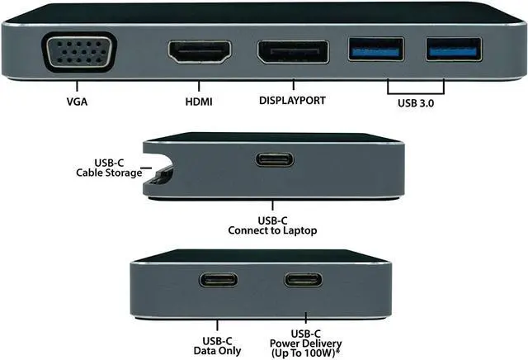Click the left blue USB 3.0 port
pyautogui.click(x=376, y=50)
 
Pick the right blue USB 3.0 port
pyautogui.click(x=451, y=50)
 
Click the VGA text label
pyautogui.click(x=77, y=103)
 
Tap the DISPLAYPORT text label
pyautogui.click(x=292, y=101)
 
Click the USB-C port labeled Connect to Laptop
pyautogui.click(x=275, y=159)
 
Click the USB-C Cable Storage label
pyautogui.click(x=106, y=168)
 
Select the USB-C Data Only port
pyautogui.click(x=218, y=279)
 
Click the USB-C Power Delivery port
pyautogui.click(x=304, y=279)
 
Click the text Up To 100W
pyautogui.click(x=305, y=353)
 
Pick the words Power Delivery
pyautogui.click(x=304, y=343)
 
